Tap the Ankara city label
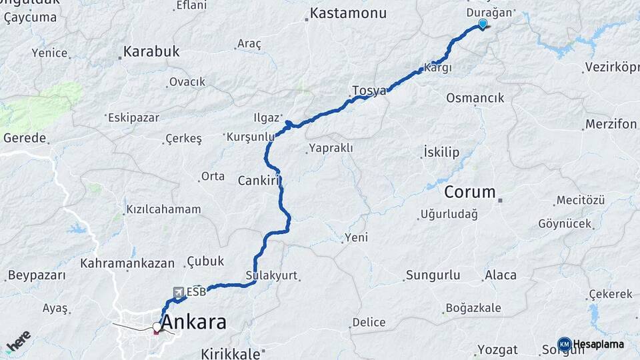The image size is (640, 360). [194, 323]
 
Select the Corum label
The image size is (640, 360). [470, 192]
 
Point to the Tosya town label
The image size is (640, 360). [369, 91]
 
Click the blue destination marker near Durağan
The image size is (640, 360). [482, 24]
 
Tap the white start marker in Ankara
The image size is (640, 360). [157, 327]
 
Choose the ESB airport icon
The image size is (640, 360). [179, 292]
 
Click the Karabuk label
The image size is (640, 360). [152, 51]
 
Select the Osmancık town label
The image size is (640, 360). [475, 98]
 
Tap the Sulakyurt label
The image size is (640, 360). [271, 275]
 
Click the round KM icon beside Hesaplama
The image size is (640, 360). [564, 344]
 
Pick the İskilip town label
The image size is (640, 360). [441, 153]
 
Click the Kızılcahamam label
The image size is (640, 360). [159, 209]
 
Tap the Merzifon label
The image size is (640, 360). [611, 124]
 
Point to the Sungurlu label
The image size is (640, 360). [433, 275]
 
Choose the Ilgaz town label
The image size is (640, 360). [266, 118]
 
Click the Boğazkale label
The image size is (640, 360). [475, 307]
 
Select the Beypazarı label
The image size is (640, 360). [37, 275]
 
